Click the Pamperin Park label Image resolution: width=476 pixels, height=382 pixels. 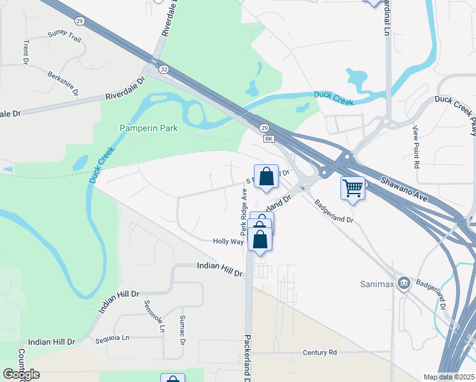149,128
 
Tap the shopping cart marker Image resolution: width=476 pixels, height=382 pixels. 353,188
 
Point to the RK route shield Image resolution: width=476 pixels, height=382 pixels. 269,138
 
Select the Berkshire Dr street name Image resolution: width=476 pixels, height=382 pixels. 62,83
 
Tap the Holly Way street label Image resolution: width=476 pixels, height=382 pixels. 228,242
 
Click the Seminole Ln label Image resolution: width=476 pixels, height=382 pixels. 154,317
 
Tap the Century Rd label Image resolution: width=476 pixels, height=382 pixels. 319,352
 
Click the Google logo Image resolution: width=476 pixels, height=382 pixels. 22,374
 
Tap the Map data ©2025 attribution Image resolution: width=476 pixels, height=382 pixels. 449,377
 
